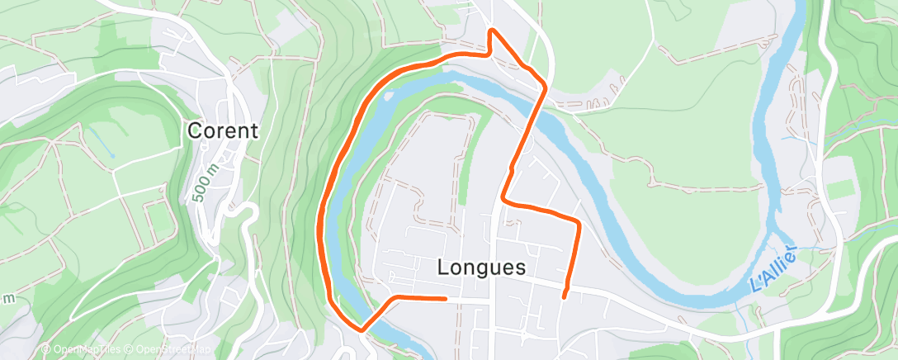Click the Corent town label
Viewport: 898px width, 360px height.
223,130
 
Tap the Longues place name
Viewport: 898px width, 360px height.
481,268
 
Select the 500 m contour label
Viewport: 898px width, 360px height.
201,181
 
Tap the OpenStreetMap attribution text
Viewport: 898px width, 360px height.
168,350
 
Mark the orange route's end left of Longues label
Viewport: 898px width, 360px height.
446,298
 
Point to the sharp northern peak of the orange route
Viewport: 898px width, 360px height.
492,31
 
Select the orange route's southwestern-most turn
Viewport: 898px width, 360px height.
362,329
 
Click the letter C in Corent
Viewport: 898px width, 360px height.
196,130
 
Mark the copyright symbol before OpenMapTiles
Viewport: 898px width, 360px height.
45,350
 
